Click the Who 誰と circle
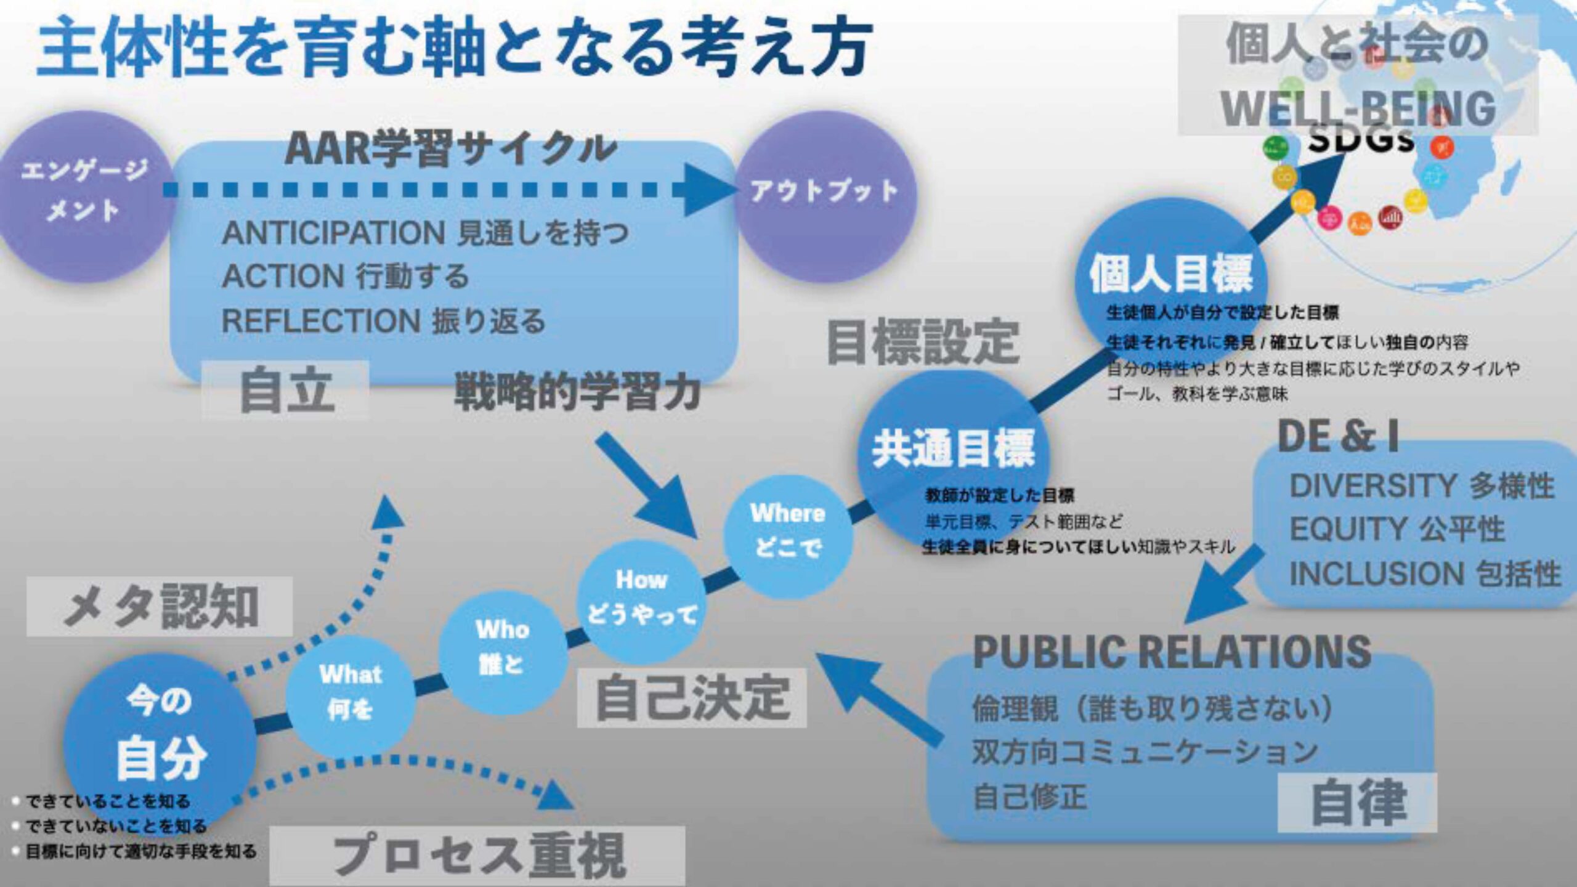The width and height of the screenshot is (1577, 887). (x=502, y=647)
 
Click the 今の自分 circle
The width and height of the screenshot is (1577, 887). (x=159, y=736)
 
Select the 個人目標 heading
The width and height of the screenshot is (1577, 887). (x=1170, y=274)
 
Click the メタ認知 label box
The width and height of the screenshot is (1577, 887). (x=159, y=607)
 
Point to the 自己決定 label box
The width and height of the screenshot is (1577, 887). (x=691, y=697)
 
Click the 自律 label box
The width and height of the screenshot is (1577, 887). (x=1356, y=803)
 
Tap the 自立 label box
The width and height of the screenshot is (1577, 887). (x=286, y=391)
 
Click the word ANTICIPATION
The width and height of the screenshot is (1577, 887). (x=333, y=233)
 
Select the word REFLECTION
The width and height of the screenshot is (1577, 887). (x=321, y=321)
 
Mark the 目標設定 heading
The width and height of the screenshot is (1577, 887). (x=922, y=342)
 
